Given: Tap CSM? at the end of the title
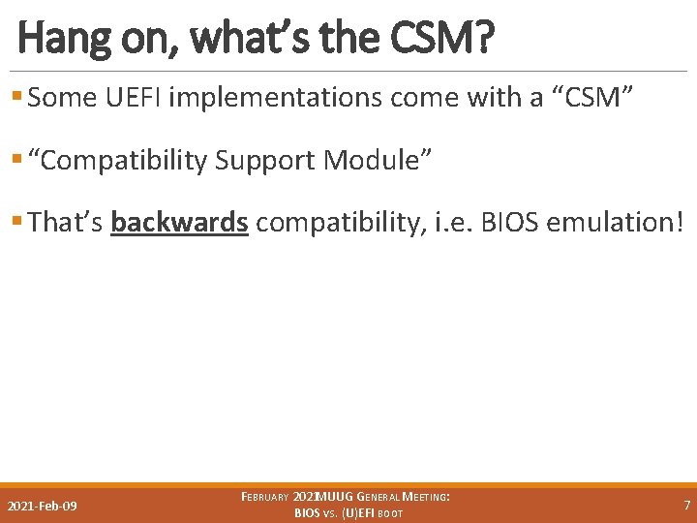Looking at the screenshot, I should pyautogui.click(x=445, y=39).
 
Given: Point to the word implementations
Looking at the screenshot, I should pyautogui.click(x=278, y=98).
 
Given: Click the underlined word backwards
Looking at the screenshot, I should pyautogui.click(x=179, y=222).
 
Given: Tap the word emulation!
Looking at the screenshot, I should pyautogui.click(x=616, y=222).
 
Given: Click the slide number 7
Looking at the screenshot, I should pyautogui.click(x=686, y=506).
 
